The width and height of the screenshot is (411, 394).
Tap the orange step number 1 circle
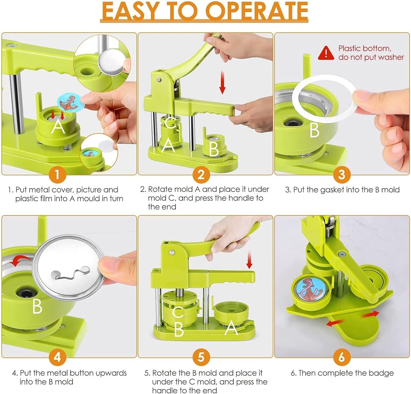tap(57, 174)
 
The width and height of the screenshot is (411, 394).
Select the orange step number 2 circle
tap(201, 174)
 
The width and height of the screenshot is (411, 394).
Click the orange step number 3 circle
tap(341, 174)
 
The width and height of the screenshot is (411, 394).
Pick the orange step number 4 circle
tap(57, 357)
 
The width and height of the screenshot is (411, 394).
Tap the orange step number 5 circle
tap(201, 357)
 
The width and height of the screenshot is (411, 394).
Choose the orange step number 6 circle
tap(341, 357)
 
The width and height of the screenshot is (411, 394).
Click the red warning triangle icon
tap(326, 53)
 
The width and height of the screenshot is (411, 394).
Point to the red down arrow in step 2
tap(222, 82)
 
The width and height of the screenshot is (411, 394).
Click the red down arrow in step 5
tap(249, 260)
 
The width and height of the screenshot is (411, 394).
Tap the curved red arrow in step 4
tap(21, 260)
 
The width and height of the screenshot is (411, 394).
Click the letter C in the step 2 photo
tap(170, 123)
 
